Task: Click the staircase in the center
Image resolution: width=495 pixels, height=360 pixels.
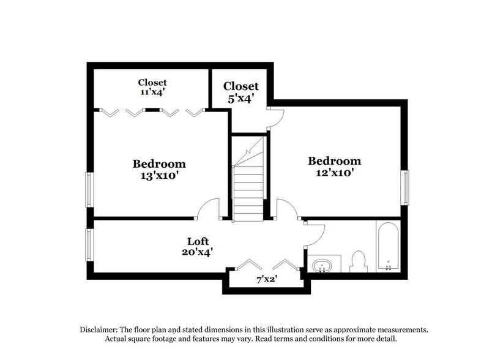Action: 248,181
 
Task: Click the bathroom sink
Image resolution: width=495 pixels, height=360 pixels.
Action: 322,267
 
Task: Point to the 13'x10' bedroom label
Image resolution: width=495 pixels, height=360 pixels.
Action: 159,170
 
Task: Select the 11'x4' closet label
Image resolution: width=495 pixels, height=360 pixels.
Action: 152,87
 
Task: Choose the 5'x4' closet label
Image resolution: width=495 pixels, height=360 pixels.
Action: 240,92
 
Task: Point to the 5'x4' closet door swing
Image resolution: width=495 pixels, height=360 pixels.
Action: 275,118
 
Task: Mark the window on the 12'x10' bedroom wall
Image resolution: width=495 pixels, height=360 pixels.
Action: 404,187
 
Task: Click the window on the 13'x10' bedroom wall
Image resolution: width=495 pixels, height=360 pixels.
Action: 89,189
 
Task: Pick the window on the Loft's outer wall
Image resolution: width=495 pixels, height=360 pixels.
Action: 89,244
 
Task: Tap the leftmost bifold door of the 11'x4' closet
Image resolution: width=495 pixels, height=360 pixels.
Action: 109,112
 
